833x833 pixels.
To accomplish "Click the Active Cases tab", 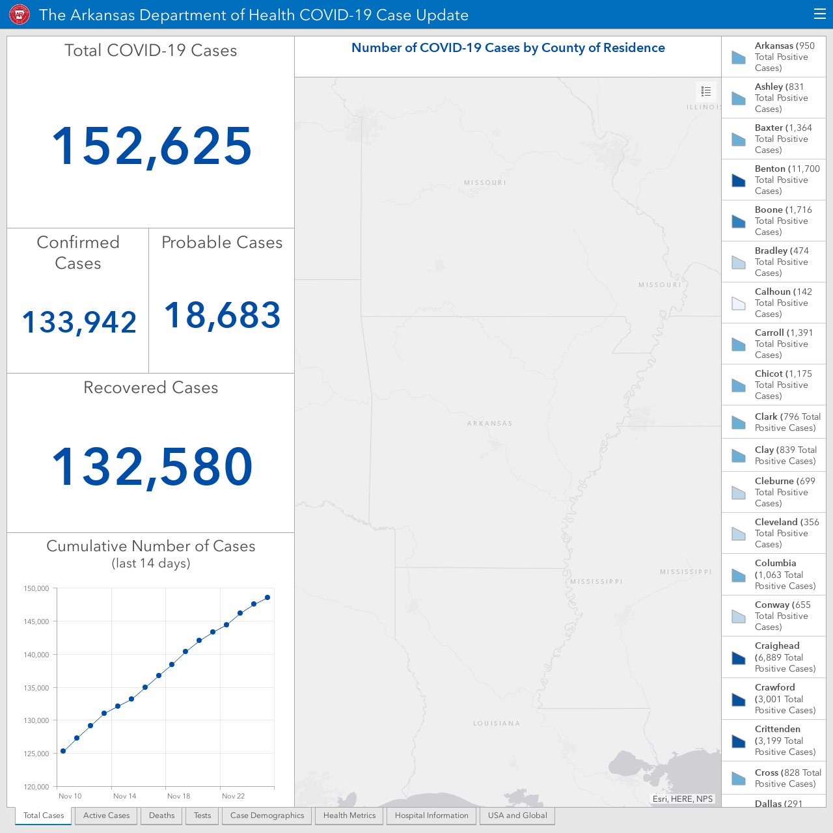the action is point(106,815).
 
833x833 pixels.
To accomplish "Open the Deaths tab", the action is point(161,815).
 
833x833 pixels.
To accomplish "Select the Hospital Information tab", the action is point(431,815).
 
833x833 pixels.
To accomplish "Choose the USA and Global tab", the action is point(517,815).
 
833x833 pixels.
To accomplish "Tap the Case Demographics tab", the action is point(267,815).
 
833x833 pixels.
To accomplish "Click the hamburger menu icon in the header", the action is point(819,14).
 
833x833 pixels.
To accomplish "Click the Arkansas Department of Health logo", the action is point(20,15).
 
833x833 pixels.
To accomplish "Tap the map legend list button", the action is point(706,91).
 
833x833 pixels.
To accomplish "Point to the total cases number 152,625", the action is point(151,146).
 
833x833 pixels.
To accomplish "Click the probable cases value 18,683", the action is point(222,315).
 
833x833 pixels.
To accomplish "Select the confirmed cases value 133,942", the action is point(79,322).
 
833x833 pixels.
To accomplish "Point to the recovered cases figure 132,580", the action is point(152,467).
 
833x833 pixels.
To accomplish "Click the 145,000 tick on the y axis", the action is point(36,621).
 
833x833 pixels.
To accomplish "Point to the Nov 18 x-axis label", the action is point(178,796).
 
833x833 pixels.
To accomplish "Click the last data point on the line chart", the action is point(267,597).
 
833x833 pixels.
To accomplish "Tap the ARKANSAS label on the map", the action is point(490,423).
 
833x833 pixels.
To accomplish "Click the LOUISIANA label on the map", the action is point(497,723).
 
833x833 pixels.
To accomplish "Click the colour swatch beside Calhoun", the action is point(739,303).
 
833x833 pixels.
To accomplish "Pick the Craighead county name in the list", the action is point(777,646).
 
